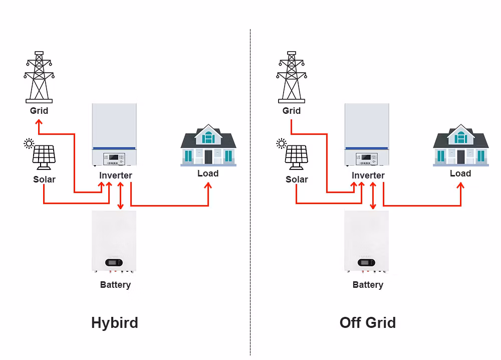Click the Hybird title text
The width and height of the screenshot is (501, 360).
pyautogui.click(x=114, y=322)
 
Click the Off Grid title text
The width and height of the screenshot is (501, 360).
pyautogui.click(x=367, y=322)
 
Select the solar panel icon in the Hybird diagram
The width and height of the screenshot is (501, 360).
pyautogui.click(x=44, y=157)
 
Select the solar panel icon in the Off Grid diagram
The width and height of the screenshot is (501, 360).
pyautogui.click(x=297, y=157)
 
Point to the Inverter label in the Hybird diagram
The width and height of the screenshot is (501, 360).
pyautogui.click(x=116, y=175)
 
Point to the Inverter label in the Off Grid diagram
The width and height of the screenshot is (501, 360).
pyautogui.click(x=368, y=175)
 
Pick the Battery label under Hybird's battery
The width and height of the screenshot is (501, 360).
pyautogui.click(x=115, y=285)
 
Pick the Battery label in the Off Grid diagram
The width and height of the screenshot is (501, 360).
pyautogui.click(x=368, y=285)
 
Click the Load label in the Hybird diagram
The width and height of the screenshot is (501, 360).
pyautogui.click(x=208, y=173)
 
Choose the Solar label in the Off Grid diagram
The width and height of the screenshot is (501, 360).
pyautogui.click(x=297, y=179)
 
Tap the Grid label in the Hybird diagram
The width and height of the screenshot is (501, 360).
pyautogui.click(x=39, y=111)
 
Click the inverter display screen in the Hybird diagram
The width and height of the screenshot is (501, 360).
pyautogui.click(x=114, y=157)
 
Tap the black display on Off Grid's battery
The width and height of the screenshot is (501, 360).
pyautogui.click(x=366, y=263)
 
